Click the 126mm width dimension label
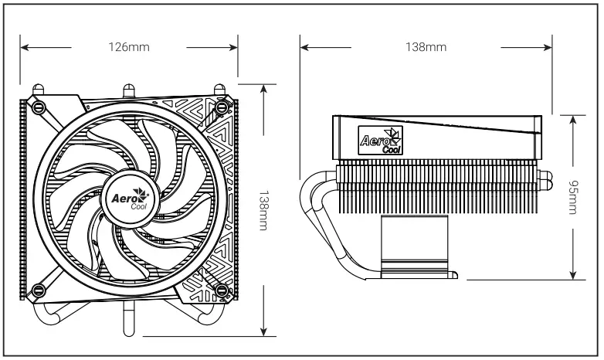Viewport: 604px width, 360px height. coord(129,47)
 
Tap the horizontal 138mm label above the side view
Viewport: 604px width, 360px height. coord(426,47)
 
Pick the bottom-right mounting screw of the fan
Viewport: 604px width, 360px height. coord(222,290)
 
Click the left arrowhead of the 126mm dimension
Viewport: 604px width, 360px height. coord(24,47)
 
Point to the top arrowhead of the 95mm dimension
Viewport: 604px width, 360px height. coord(572,118)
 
